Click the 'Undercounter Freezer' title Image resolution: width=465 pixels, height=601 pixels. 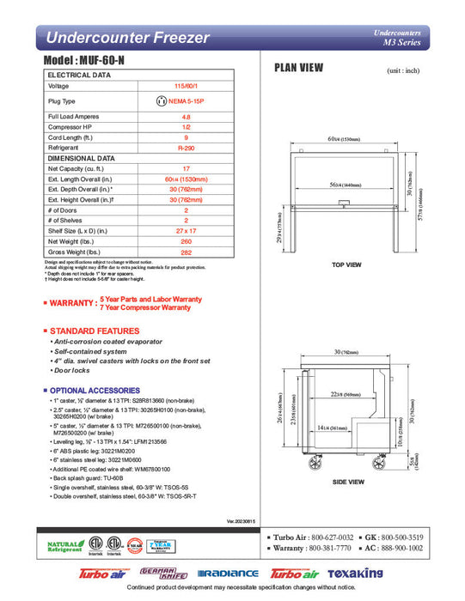[126, 38]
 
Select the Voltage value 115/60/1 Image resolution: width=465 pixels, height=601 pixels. [186, 87]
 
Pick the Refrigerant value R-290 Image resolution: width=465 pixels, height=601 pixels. [186, 148]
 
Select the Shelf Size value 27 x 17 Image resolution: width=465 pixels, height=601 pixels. [186, 230]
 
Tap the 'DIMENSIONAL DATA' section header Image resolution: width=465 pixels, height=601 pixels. [82, 158]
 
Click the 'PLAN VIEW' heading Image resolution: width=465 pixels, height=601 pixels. [299, 68]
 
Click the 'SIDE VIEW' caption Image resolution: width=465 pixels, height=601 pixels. [347, 483]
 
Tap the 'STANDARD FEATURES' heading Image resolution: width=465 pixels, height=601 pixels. [96, 331]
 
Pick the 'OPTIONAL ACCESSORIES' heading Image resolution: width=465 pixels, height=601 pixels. [100, 390]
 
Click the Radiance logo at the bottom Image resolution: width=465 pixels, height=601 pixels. [228, 573]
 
